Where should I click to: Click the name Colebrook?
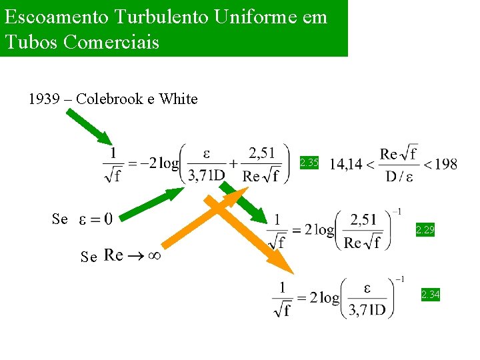[x=109, y=99]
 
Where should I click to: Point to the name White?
[x=178, y=99]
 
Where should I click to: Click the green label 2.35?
[x=309, y=162]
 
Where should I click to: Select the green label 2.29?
[x=425, y=230]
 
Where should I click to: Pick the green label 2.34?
[x=430, y=294]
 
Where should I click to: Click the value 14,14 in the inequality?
[x=345, y=164]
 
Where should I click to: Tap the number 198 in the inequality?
[x=445, y=164]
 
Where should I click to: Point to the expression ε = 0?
[x=95, y=219]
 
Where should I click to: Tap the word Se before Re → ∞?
[x=89, y=256]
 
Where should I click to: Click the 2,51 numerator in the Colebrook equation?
[x=261, y=153]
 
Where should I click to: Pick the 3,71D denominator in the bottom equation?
[x=367, y=309]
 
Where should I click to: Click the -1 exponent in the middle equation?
[x=396, y=212]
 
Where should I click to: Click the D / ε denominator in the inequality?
[x=398, y=176]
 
